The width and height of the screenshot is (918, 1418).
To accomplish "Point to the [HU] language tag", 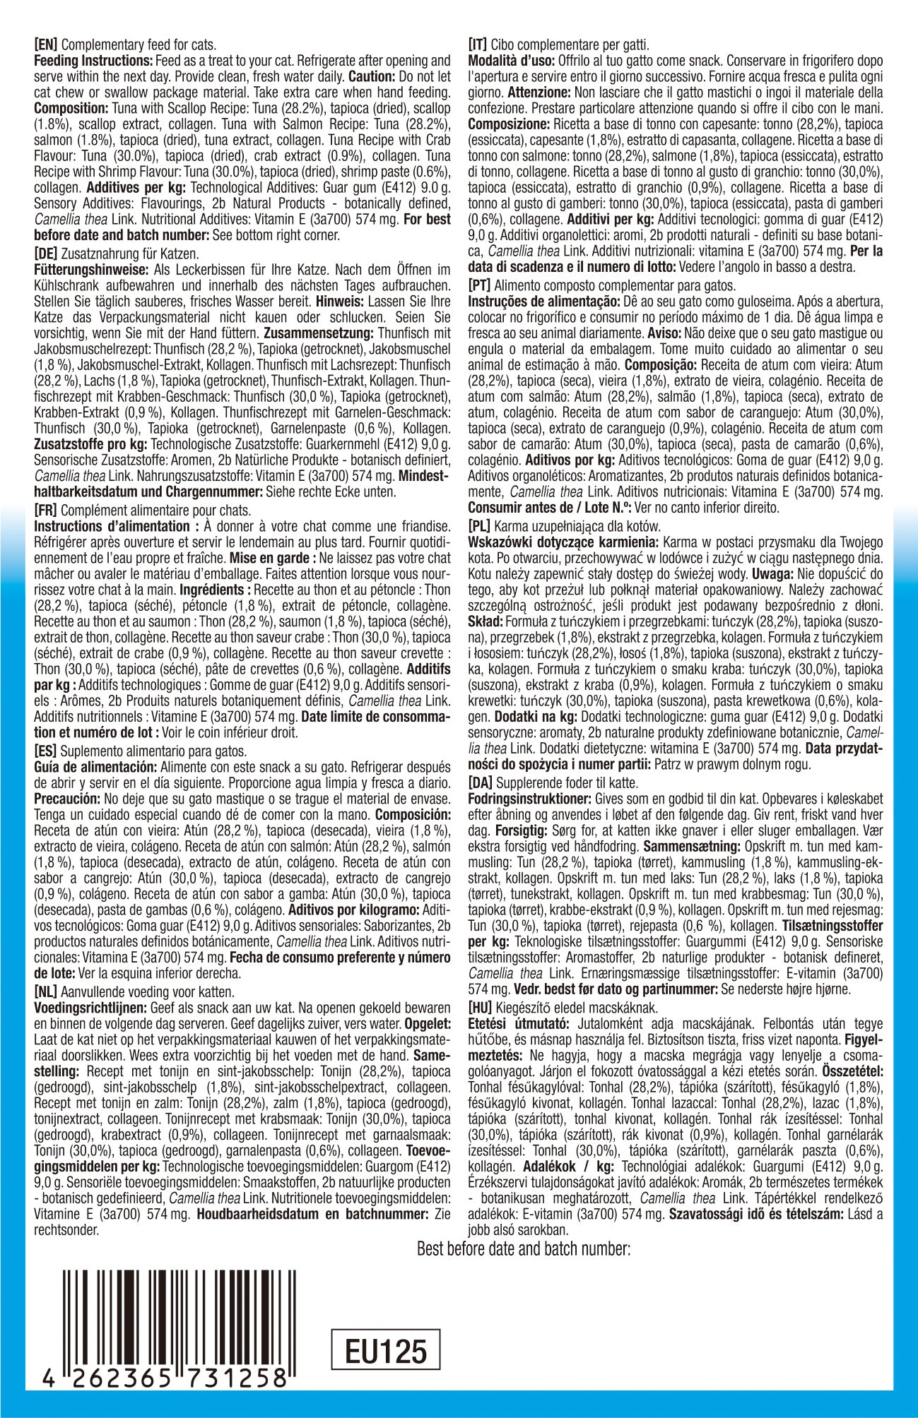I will pyautogui.click(x=484, y=1007).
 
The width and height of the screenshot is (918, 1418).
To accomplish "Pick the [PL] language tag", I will pyautogui.click(x=483, y=527).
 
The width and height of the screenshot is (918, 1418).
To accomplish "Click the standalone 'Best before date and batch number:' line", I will pyautogui.click(x=524, y=1249).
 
